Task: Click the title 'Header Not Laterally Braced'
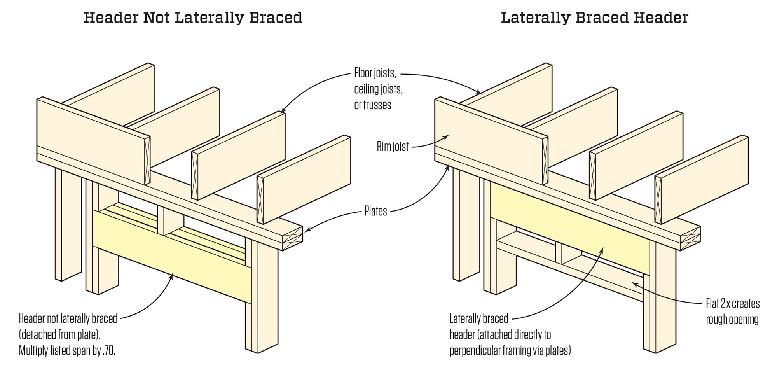tap(193, 18)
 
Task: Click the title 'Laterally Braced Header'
tap(594, 18)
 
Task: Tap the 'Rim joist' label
tap(393, 147)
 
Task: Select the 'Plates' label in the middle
tap(375, 211)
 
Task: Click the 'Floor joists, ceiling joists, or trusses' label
tap(378, 89)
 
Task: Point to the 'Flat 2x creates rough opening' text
tap(732, 311)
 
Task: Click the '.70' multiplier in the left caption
tap(109, 350)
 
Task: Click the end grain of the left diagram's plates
tap(292, 238)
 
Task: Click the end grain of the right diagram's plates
tap(690, 238)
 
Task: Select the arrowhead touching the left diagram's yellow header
tap(172, 275)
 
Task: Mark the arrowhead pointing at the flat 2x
tap(634, 283)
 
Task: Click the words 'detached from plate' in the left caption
tap(62, 334)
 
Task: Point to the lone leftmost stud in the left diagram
tap(68, 226)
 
